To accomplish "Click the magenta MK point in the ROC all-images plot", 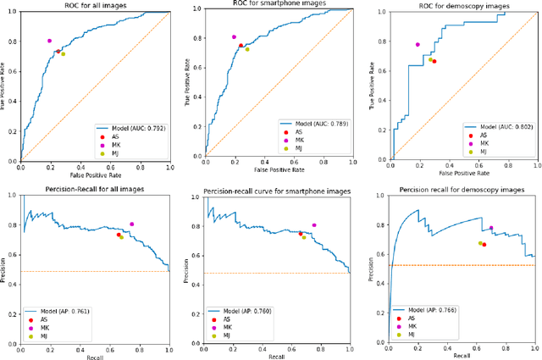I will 49,41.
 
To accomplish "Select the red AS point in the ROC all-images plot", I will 58,51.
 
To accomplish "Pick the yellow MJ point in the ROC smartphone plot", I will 247,49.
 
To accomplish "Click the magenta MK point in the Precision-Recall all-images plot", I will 131,224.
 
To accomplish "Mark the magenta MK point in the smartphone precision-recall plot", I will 314,225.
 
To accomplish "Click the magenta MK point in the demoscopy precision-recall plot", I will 491,228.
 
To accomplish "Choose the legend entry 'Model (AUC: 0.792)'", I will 130,127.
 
